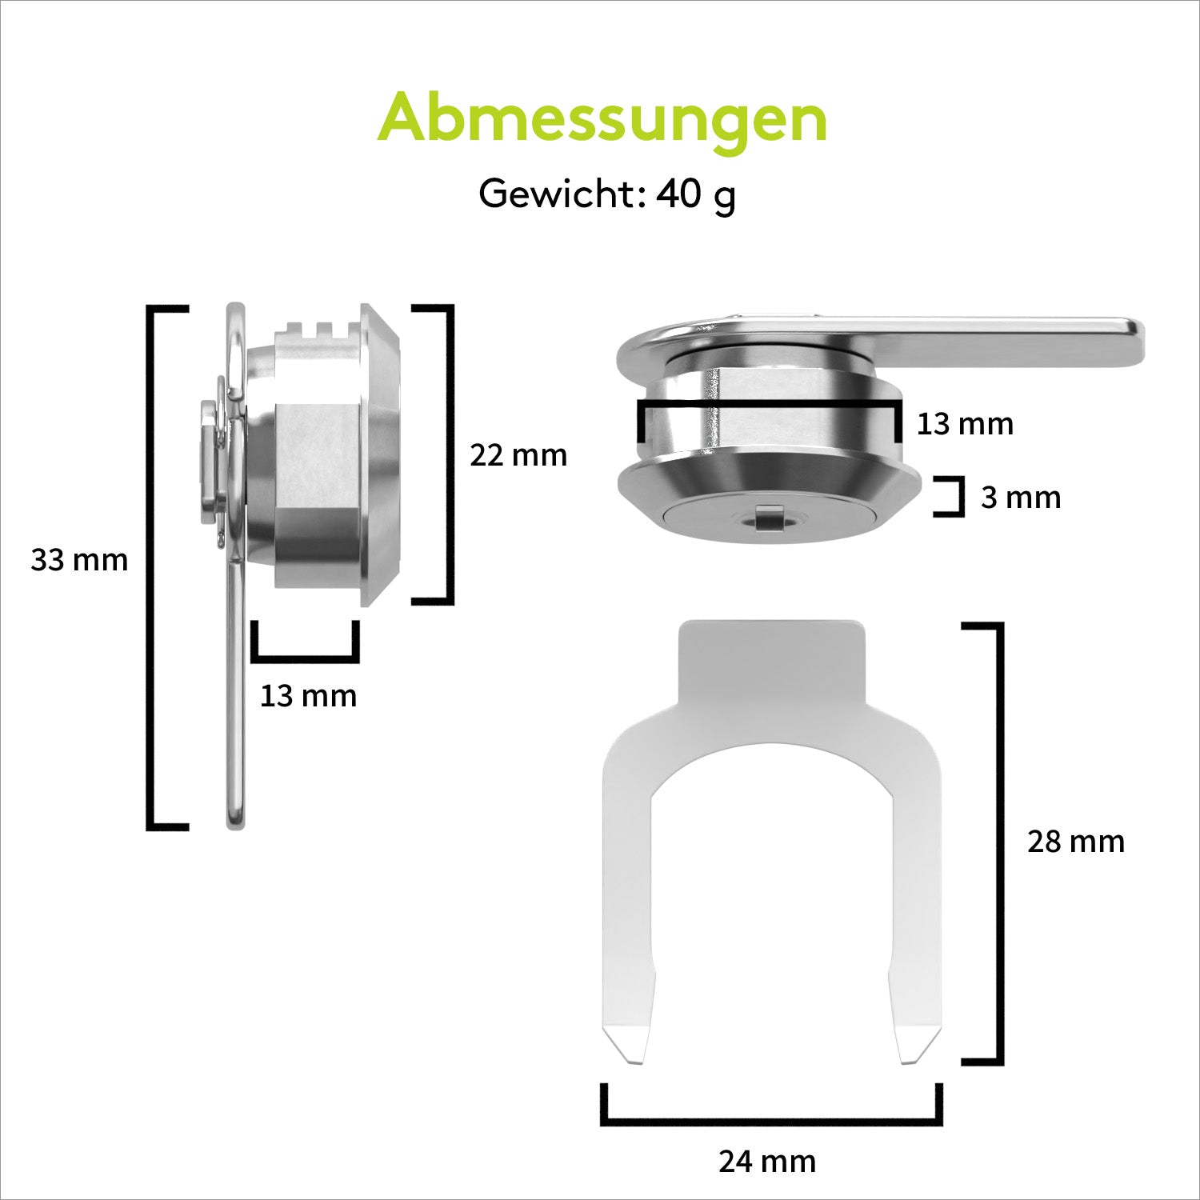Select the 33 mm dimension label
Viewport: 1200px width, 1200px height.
tap(79, 560)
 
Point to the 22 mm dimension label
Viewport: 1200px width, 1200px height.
tap(518, 455)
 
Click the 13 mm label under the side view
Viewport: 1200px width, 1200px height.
tap(308, 696)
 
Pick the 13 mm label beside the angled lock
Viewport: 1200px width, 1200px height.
tap(965, 423)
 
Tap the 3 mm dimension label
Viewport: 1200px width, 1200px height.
tap(1021, 498)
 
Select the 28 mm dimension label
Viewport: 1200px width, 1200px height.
tap(1076, 842)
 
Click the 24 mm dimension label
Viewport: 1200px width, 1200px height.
tap(767, 1162)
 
